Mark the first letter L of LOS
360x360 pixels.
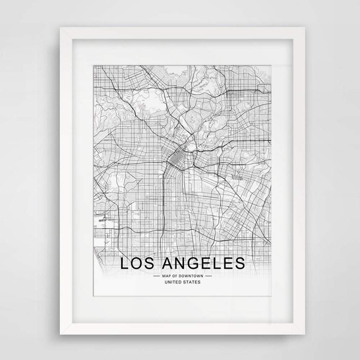tap(123, 263)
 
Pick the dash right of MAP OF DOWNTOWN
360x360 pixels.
tap(208, 276)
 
